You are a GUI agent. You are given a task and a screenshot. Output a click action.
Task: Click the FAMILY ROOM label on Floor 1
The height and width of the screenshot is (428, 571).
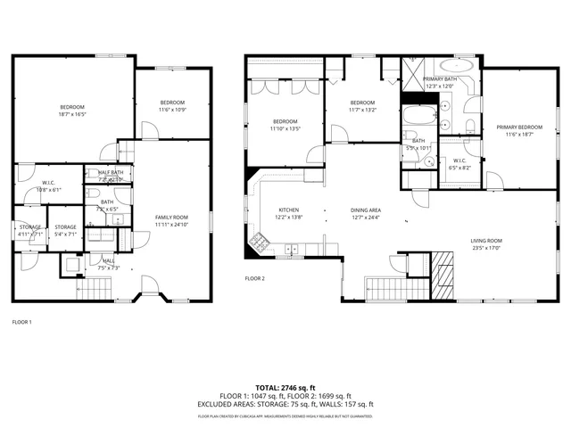(x=171, y=218)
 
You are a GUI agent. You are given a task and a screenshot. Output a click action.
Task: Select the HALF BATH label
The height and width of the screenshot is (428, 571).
(x=111, y=172)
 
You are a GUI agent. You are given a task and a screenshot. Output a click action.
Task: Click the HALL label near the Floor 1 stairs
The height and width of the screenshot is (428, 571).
(x=107, y=261)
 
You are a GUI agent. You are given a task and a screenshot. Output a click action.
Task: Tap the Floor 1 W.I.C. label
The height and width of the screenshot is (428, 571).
(x=49, y=183)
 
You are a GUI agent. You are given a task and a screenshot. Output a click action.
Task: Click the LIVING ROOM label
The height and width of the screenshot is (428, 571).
(x=487, y=241)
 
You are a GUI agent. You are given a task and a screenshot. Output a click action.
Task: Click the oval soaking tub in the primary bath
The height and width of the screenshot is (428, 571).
(x=459, y=65)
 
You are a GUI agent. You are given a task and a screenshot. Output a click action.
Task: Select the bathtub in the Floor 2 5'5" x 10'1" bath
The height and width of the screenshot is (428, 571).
(x=417, y=117)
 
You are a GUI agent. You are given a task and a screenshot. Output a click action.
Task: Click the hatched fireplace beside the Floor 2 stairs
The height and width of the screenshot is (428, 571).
(x=444, y=264)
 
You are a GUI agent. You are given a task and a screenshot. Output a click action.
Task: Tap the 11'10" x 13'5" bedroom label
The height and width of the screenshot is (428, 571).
(x=285, y=122)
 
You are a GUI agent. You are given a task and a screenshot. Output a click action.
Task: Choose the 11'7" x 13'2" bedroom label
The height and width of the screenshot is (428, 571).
(x=362, y=103)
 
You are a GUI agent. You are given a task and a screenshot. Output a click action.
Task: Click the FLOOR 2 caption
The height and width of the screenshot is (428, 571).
(x=255, y=278)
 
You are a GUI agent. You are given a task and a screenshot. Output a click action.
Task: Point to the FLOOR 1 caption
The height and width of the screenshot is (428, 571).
(x=21, y=322)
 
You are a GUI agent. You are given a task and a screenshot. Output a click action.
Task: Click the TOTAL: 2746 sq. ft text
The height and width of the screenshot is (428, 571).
(x=285, y=388)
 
